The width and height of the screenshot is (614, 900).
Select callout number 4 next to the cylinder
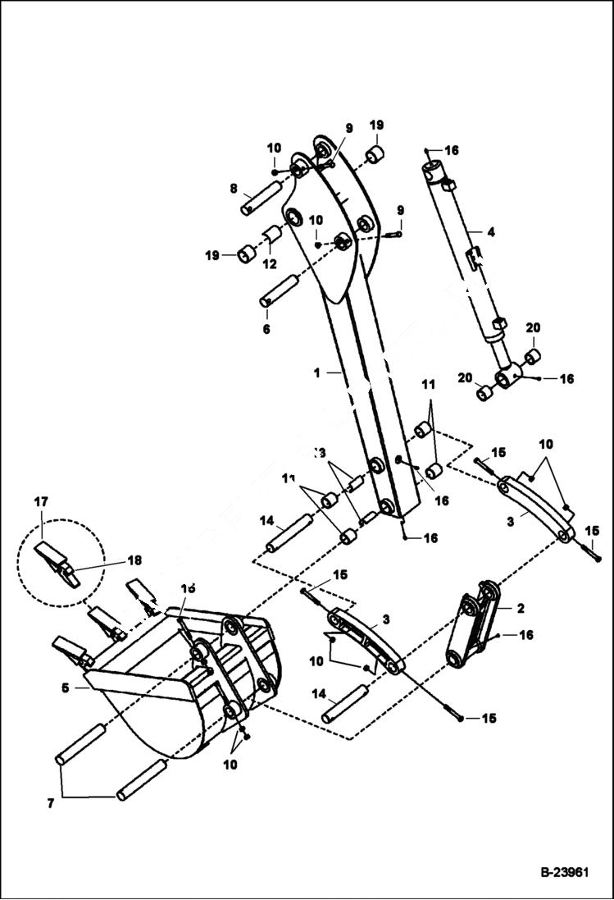tap(490, 232)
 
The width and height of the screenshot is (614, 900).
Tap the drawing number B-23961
tap(564, 873)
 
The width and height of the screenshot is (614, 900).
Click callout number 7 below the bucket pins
tap(51, 804)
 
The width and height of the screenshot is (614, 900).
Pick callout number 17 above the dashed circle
tap(42, 501)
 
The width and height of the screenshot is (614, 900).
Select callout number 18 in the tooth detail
tap(134, 561)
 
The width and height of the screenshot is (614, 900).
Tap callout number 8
tap(234, 188)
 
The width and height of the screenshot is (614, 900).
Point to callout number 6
tap(266, 329)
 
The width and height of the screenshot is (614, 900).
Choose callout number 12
tap(269, 264)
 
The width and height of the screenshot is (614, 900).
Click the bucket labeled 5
tap(189, 681)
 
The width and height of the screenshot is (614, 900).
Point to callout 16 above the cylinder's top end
tap(452, 150)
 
